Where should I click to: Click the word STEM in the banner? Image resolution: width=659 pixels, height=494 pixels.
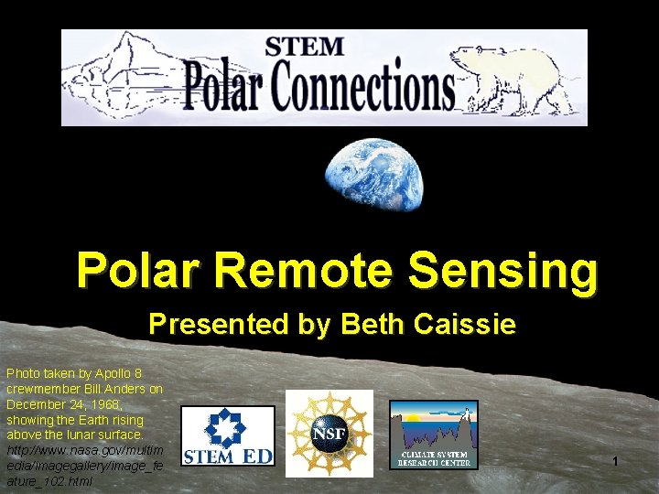click(305, 47)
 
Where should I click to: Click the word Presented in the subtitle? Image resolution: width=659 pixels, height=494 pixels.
click(219, 324)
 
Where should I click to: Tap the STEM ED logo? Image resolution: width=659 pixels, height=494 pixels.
click(227, 436)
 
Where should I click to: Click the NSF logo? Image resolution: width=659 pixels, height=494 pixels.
click(329, 433)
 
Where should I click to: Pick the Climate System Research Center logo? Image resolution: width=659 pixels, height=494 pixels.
click(433, 435)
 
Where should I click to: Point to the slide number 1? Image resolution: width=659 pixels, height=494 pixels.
click(615, 462)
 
